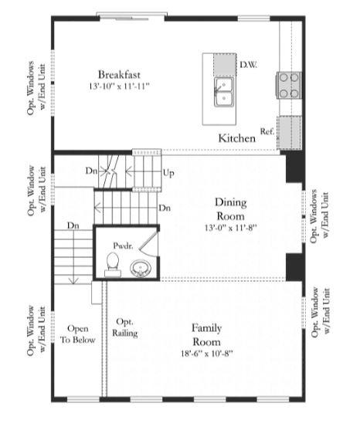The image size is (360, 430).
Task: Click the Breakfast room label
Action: click(119, 75)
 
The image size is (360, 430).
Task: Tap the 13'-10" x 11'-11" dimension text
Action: click(119, 86)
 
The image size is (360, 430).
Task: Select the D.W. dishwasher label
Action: click(248, 65)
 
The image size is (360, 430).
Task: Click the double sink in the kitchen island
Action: click(224, 92)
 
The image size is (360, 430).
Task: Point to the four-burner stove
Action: click(289, 85)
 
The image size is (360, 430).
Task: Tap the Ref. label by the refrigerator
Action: click(267, 131)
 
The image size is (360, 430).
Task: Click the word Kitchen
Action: click(237, 138)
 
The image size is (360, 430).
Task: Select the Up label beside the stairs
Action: click(168, 173)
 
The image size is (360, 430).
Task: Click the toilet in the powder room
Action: click(113, 264)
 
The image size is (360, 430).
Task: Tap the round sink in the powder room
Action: click(140, 268)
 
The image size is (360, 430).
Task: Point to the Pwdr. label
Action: click(123, 245)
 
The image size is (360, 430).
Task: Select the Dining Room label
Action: click(230, 209)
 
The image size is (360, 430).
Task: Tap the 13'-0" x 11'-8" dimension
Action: click(230, 228)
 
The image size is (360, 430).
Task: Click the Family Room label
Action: click(206, 335)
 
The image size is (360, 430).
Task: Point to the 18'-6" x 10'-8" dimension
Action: click(206, 354)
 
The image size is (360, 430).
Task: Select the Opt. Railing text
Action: click(125, 327)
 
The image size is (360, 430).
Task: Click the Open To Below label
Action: click(78, 334)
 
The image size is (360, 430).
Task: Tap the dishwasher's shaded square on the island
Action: click(225, 65)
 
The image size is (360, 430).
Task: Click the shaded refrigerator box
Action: click(289, 133)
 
